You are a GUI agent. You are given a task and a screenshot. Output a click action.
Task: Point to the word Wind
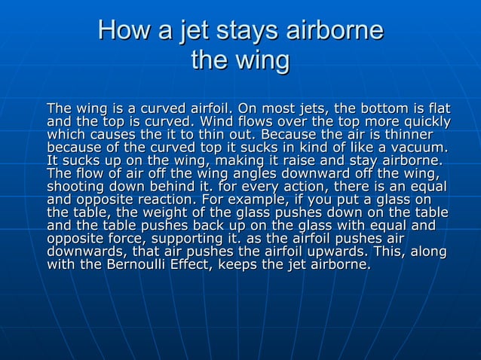(x=213, y=122)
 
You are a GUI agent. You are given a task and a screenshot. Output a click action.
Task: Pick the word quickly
(x=424, y=122)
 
